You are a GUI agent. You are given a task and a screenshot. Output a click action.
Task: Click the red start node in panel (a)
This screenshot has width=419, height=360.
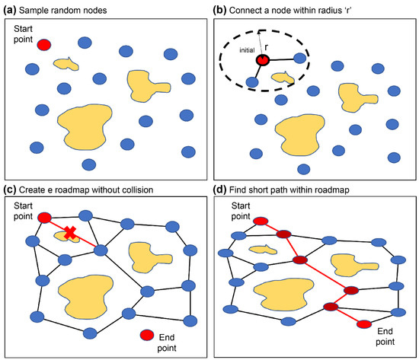coord(44,45)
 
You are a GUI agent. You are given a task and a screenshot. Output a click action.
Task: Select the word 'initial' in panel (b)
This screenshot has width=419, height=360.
coord(246,50)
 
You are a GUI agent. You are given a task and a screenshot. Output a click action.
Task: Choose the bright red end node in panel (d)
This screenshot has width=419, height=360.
coord(363,325)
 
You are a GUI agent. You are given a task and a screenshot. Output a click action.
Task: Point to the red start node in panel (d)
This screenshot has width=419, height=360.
coord(261,221)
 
